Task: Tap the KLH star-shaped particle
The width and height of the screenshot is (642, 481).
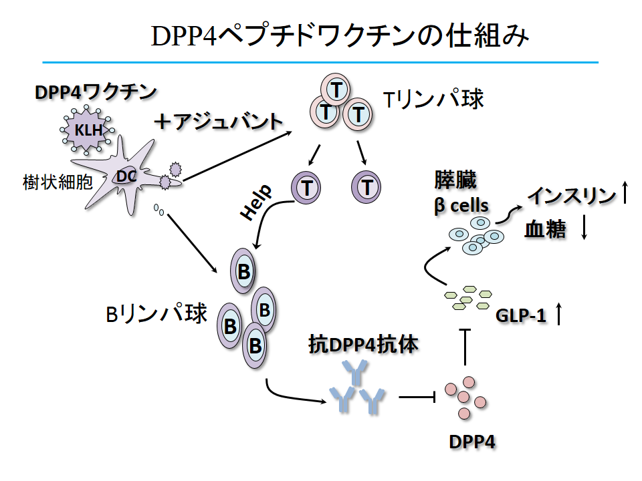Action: point(88,130)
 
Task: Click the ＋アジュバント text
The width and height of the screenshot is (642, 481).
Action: point(219,122)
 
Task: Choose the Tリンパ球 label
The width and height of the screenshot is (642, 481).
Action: point(433,100)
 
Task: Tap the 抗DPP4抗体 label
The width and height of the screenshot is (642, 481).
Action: point(363,345)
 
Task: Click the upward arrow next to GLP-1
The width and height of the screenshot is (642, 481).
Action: point(559,313)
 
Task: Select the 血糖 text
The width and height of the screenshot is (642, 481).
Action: point(546,230)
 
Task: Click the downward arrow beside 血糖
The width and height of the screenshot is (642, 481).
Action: point(584,229)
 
